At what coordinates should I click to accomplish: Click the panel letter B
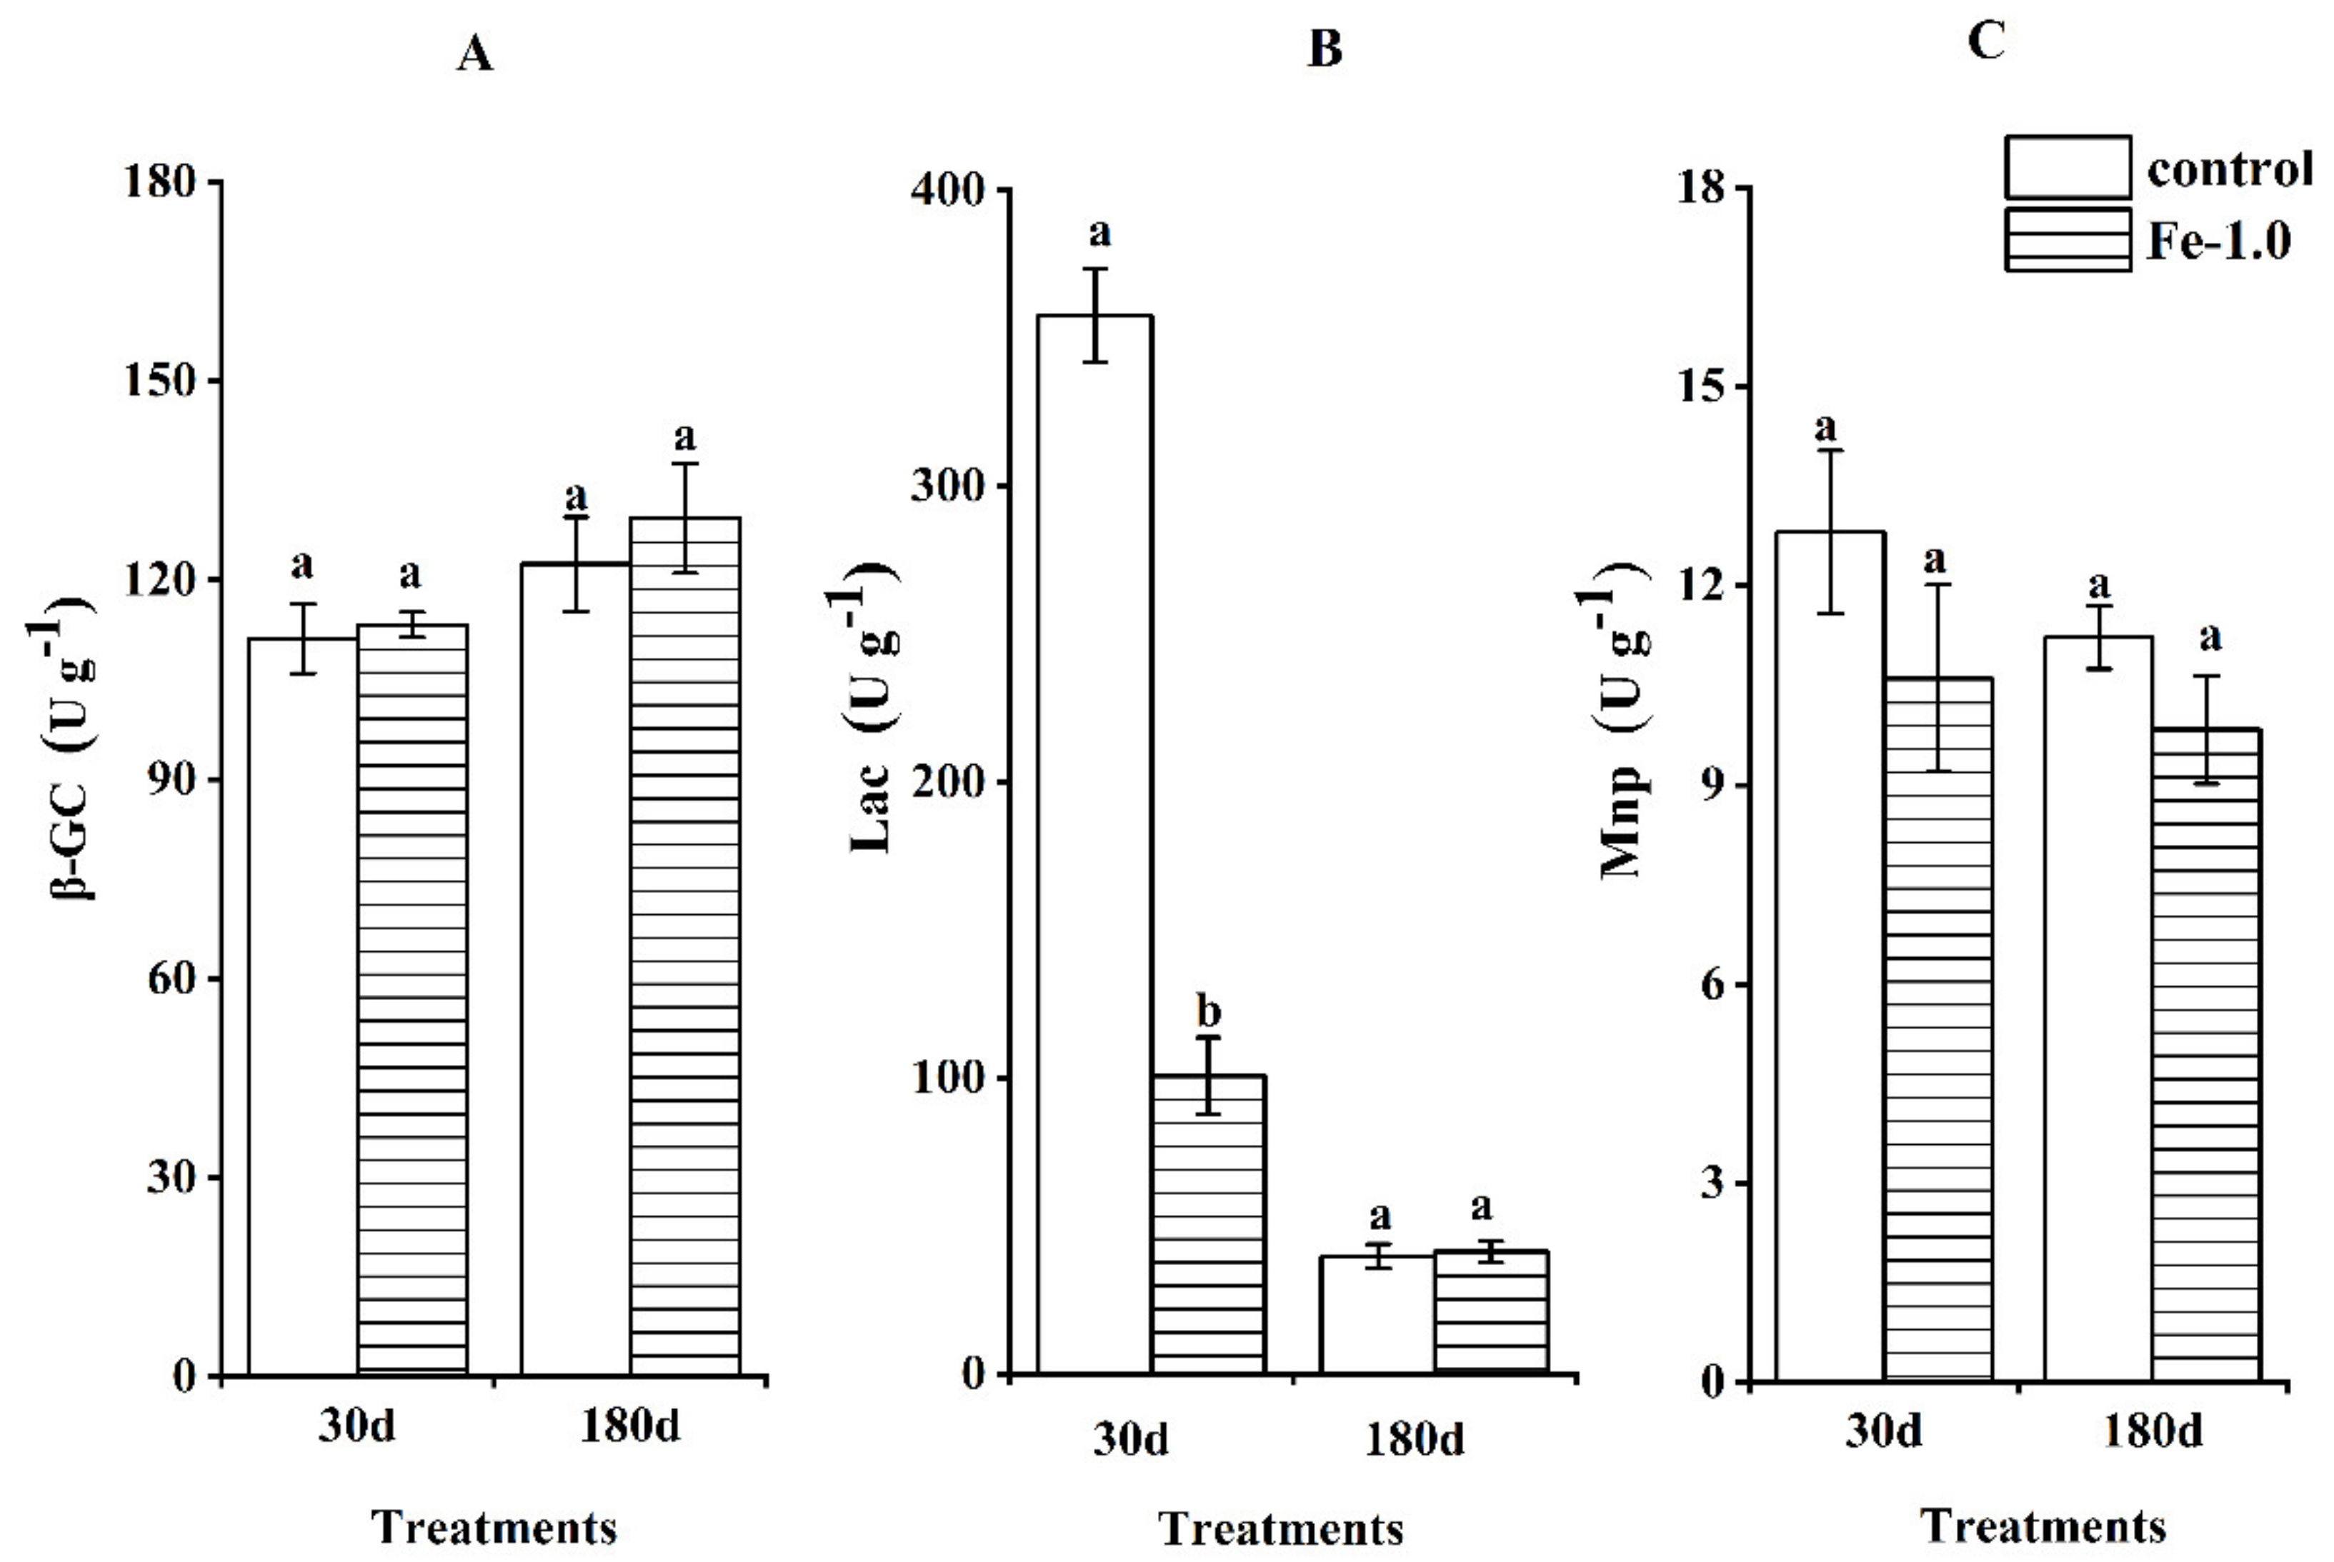point(1325,49)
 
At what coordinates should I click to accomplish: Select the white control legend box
point(2068,167)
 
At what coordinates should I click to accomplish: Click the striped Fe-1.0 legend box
point(2068,240)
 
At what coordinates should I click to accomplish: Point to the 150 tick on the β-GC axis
point(159,381)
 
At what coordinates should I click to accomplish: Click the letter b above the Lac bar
point(1208,1011)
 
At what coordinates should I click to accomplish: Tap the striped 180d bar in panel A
point(684,946)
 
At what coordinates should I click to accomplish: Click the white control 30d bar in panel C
point(1830,956)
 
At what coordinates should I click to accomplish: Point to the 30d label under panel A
point(356,1426)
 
